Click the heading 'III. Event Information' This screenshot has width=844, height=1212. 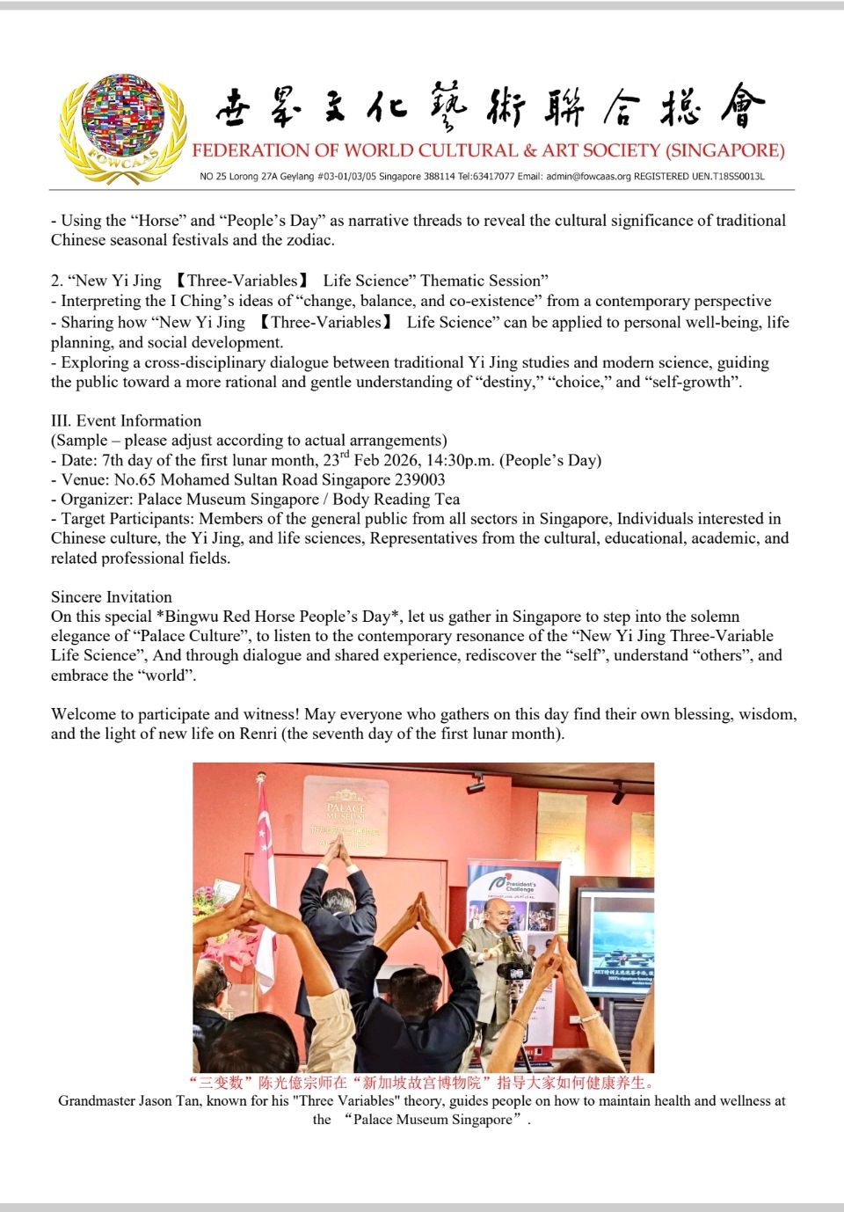click(x=126, y=420)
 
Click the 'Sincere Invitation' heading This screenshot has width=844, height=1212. click(x=112, y=596)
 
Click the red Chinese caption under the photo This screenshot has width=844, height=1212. click(x=422, y=1082)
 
